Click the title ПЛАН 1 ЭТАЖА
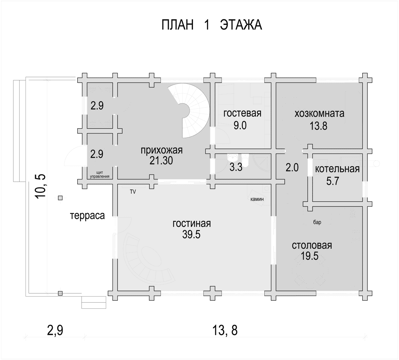(212, 25)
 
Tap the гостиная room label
(192, 224)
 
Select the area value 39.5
(191, 235)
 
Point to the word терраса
(87, 215)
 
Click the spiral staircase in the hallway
(196, 111)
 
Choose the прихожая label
(161, 150)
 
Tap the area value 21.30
(161, 161)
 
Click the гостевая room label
(242, 113)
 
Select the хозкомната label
(319, 114)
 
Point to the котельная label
(337, 169)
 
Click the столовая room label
(312, 245)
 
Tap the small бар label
(317, 222)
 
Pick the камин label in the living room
(257, 199)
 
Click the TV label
(133, 192)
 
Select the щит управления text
(100, 174)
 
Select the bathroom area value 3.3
(236, 167)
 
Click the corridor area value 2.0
(292, 167)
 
